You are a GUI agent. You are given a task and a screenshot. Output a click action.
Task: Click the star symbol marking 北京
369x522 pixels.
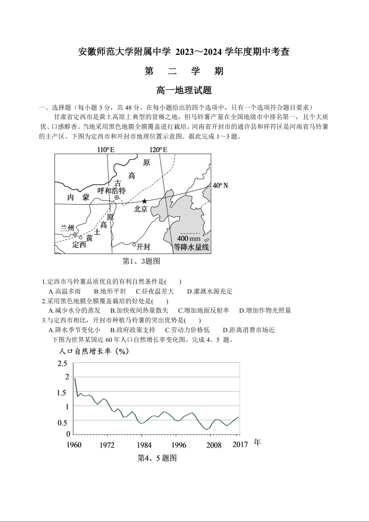[x=144, y=201]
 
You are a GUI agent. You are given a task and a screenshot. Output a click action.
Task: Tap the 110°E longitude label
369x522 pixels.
[x=106, y=149]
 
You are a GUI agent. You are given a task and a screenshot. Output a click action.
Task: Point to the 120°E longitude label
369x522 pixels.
[x=158, y=149]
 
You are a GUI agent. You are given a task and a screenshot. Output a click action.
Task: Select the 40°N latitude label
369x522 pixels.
[x=220, y=186]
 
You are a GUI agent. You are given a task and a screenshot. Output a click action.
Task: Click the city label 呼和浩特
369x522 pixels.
[x=112, y=191]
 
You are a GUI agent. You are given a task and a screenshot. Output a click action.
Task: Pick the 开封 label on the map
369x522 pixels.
[x=143, y=246]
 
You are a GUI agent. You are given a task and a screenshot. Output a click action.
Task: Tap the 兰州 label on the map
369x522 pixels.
[x=67, y=228]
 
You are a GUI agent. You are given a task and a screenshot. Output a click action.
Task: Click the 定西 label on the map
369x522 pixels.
[x=79, y=245]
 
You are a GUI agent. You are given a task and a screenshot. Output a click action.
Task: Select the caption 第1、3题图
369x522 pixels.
[x=141, y=261]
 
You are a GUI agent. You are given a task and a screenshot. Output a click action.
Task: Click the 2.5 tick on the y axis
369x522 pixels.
[x=62, y=363]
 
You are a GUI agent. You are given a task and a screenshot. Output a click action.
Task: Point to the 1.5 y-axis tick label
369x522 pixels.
[x=62, y=393]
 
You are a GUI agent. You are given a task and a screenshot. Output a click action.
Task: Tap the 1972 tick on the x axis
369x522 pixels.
[x=107, y=445]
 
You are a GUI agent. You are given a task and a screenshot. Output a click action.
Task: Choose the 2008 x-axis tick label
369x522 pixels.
[x=214, y=445]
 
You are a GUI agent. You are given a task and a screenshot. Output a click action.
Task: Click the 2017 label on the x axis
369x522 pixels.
[x=240, y=445]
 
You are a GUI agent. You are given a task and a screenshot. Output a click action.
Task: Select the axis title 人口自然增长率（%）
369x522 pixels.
[x=94, y=351]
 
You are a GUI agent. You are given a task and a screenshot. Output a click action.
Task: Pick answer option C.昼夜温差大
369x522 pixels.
[x=155, y=291]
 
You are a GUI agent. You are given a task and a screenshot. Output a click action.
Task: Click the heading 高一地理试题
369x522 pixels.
[x=184, y=90]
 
